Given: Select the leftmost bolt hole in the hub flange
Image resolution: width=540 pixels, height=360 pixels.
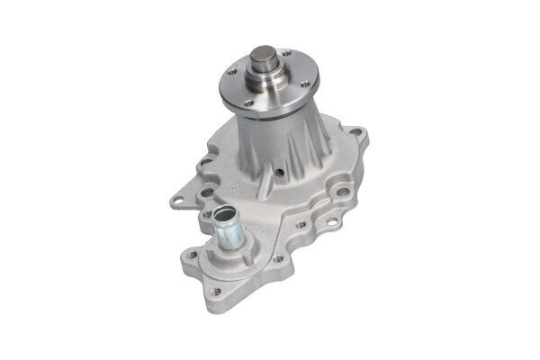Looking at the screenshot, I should (232, 69).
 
